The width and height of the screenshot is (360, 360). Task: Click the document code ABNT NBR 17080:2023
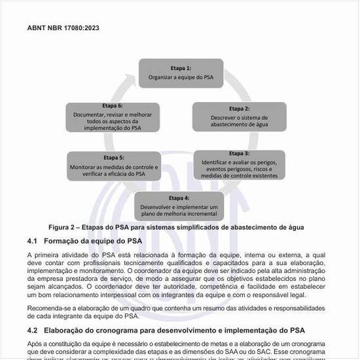pyautogui.click(x=63, y=28)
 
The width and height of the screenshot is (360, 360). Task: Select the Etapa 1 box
pyautogui.click(x=181, y=73)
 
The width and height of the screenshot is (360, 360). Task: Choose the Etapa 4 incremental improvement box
pyautogui.click(x=179, y=206)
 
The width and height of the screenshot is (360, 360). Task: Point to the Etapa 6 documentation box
pyautogui.click(x=113, y=117)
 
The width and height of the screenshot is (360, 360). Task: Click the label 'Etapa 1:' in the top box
pyautogui.click(x=181, y=68)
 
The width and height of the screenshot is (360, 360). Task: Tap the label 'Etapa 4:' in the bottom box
pyautogui.click(x=179, y=198)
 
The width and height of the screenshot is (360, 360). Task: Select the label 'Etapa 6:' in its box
pyautogui.click(x=113, y=106)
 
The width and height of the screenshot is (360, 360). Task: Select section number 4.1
pyautogui.click(x=33, y=240)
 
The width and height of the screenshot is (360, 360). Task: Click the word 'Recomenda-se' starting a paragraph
pyautogui.click(x=47, y=308)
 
